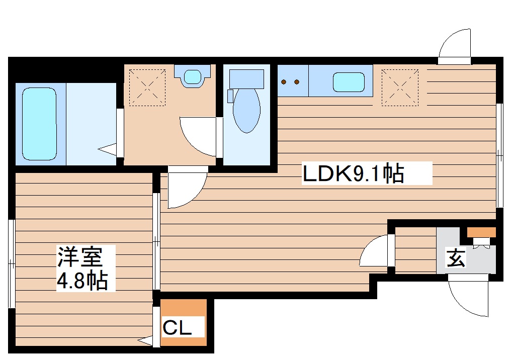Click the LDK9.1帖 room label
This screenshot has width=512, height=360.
(353, 173)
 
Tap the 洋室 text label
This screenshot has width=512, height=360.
(80, 257)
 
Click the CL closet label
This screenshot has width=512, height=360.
(177, 328)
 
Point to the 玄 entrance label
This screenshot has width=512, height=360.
(456, 258)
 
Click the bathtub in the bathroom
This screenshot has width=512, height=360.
(39, 124)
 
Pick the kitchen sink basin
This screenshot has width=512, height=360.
(349, 82)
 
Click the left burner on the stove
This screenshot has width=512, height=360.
(284, 81)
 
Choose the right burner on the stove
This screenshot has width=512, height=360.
(297, 81)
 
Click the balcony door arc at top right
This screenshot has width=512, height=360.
(455, 45)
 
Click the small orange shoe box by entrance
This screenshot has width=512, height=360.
(481, 232)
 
